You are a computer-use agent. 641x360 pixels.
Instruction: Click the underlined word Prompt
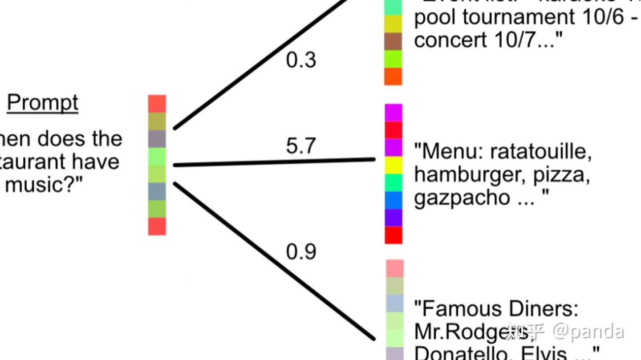click(x=43, y=103)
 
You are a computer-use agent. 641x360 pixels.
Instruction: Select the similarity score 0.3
click(x=301, y=60)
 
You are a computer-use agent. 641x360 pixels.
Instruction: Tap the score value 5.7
click(x=301, y=146)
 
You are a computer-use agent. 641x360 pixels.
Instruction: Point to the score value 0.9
click(x=301, y=252)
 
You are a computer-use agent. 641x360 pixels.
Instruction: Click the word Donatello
click(x=463, y=353)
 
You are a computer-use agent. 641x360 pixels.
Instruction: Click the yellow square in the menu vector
click(x=394, y=165)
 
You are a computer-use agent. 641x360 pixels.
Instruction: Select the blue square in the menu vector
click(x=394, y=200)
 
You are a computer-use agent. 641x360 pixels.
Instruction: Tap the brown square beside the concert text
click(x=393, y=41)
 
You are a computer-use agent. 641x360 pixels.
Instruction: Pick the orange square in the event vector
click(x=393, y=76)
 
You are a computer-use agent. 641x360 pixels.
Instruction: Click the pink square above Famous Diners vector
click(x=394, y=268)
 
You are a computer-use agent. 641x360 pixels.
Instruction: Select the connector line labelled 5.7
click(x=274, y=162)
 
